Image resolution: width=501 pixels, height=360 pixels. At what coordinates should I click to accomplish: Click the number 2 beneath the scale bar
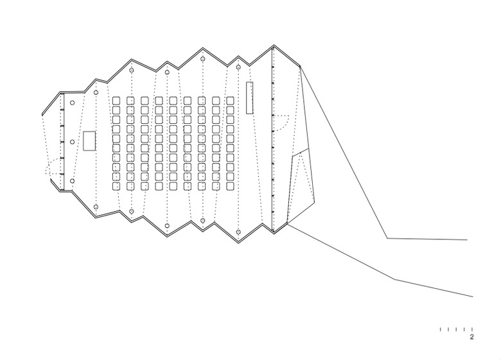point(471,337)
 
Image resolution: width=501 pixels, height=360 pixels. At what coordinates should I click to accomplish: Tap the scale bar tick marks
point(456,329)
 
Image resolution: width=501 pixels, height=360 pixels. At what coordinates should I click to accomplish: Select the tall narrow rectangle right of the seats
point(250,98)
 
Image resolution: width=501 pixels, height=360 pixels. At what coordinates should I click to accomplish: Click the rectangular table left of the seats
point(89,141)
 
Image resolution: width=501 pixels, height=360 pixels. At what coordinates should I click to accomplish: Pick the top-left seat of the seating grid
point(116,101)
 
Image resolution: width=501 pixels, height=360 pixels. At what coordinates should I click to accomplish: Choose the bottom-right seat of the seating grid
point(230,186)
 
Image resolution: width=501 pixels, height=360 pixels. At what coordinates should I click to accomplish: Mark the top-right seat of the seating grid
point(230,101)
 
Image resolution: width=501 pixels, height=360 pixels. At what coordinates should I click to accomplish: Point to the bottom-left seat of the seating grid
point(116,186)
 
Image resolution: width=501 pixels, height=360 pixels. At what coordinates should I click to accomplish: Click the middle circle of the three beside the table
point(72,142)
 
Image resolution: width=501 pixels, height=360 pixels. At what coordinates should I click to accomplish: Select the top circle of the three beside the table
point(72,103)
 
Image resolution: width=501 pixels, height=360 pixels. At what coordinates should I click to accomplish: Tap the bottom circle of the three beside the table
point(72,181)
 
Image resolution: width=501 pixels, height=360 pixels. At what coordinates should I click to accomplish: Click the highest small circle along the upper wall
point(202,59)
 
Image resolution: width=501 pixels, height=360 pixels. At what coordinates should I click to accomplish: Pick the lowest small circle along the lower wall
point(238,232)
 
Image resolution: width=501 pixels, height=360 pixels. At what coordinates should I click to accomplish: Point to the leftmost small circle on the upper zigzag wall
point(96,92)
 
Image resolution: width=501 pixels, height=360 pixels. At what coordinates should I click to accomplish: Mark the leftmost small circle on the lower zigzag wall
point(96,207)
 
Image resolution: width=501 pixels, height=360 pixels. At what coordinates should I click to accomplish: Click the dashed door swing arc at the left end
point(53,166)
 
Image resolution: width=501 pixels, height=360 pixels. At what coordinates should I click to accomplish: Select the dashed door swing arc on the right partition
point(281,123)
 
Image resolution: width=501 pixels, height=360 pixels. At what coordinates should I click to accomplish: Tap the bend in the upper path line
point(387,238)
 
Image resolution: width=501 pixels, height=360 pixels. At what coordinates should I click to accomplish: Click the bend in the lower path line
point(395,280)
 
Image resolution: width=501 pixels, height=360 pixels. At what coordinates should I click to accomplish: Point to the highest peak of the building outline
point(274,46)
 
